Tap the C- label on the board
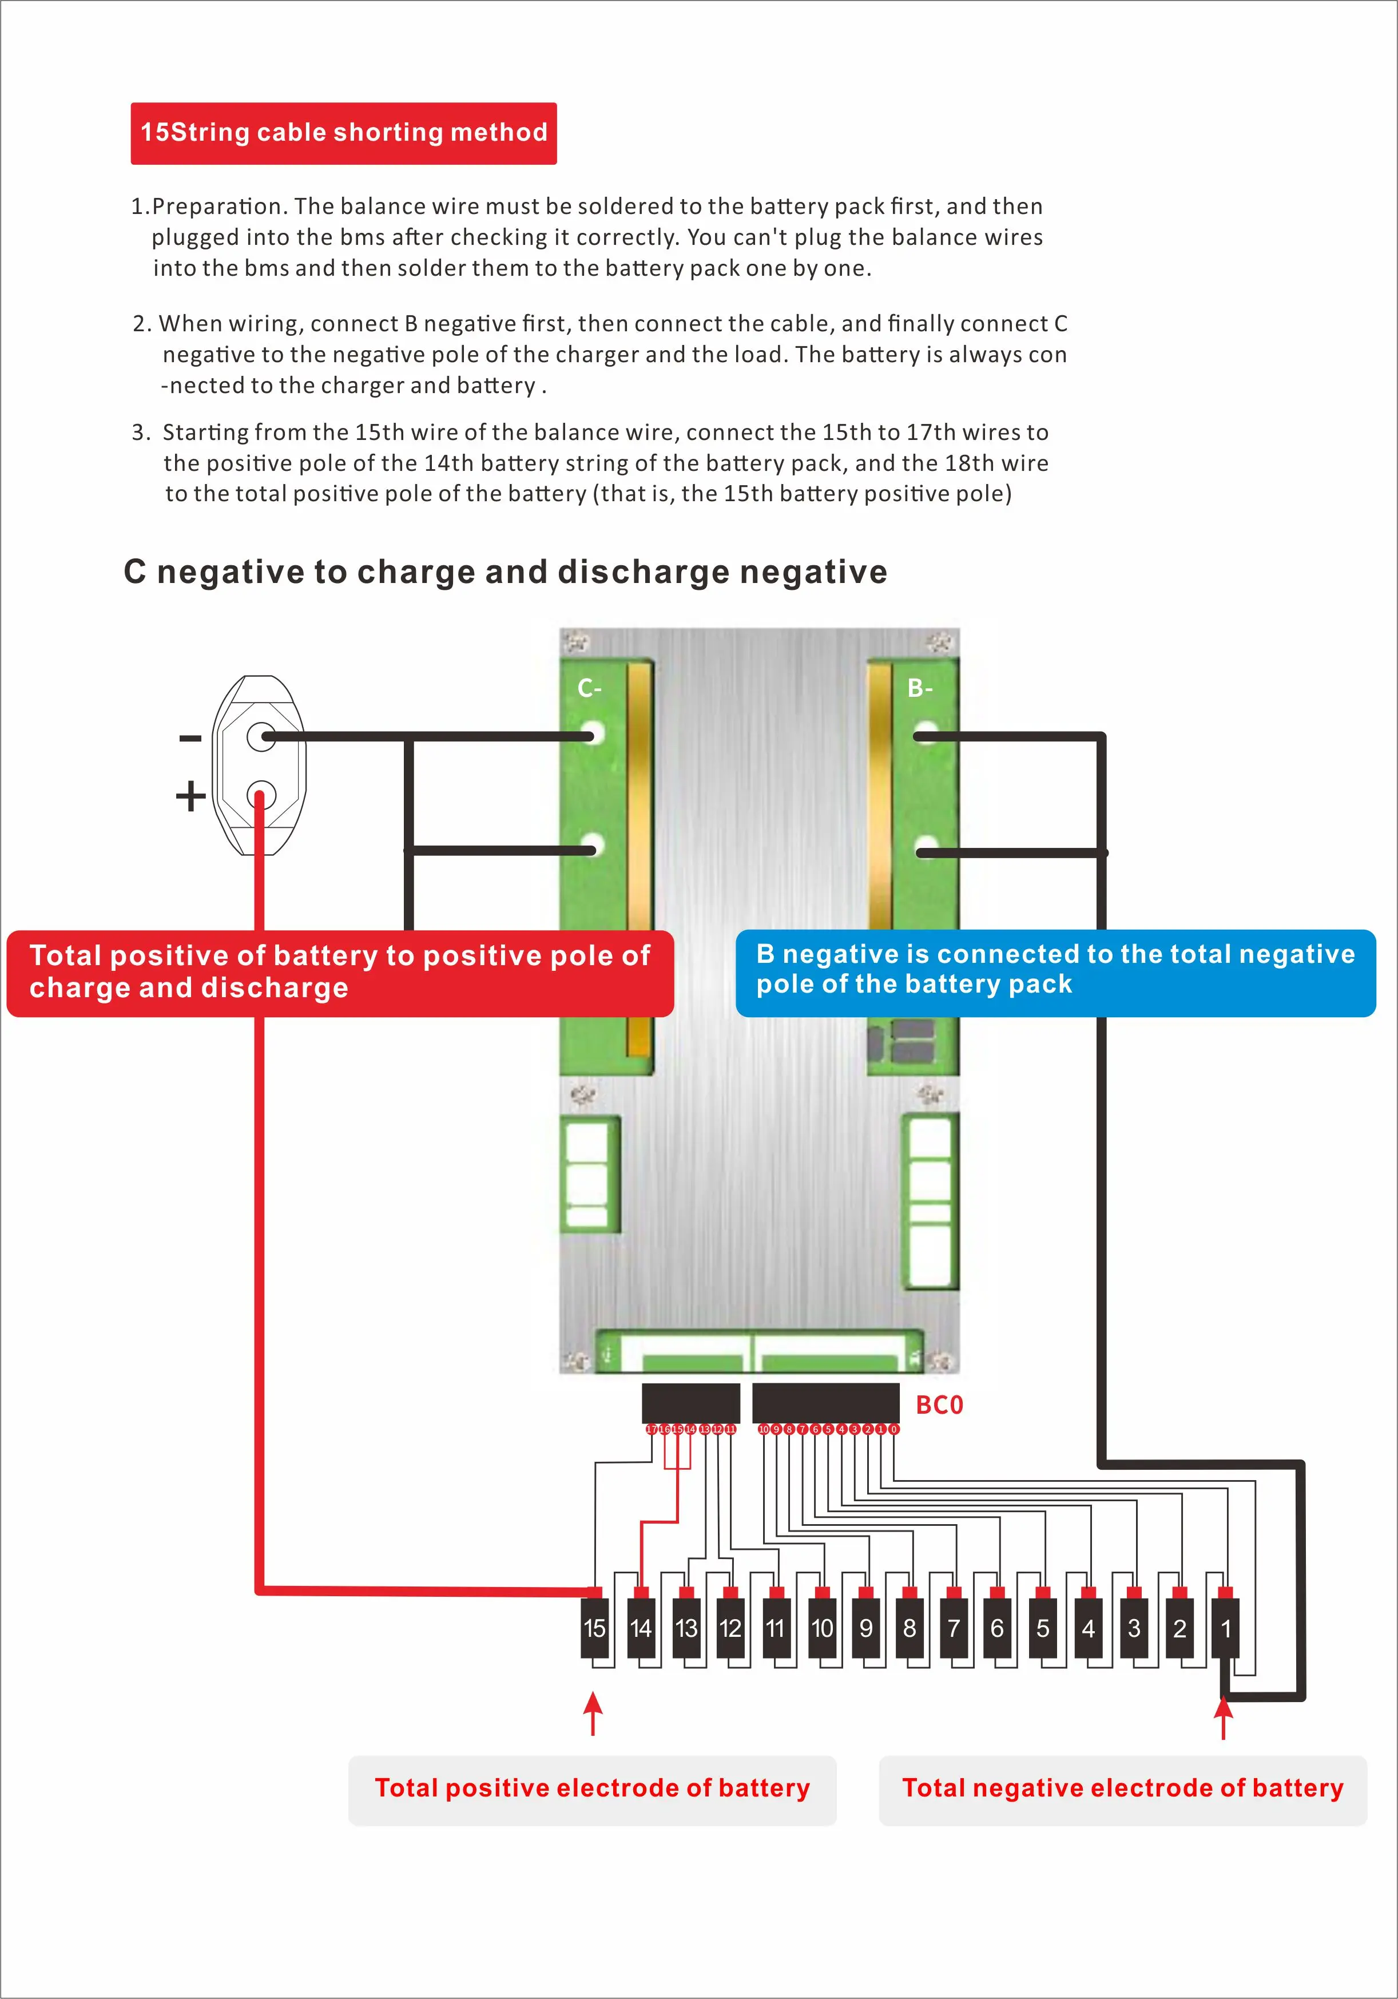(x=589, y=689)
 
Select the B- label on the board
(x=920, y=689)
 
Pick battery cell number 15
(x=594, y=1628)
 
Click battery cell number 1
(x=1226, y=1628)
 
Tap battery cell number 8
(x=910, y=1628)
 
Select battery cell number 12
(x=730, y=1628)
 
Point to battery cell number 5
(x=1043, y=1628)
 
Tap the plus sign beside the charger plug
(x=190, y=796)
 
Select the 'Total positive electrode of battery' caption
(x=592, y=1788)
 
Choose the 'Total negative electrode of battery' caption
(x=1123, y=1788)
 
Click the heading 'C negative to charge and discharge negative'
(x=506, y=572)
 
